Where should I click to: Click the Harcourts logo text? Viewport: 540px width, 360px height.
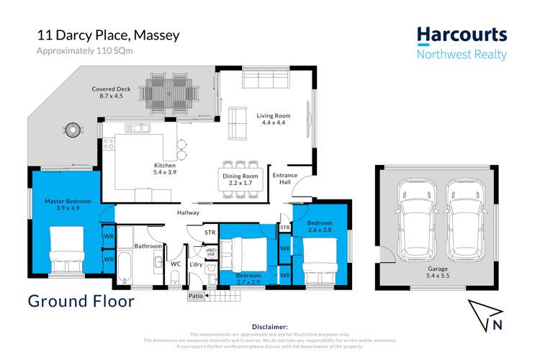462,35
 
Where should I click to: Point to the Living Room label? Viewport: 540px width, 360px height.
274,119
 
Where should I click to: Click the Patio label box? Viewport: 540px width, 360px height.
196,295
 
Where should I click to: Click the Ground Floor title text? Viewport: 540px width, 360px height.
81,301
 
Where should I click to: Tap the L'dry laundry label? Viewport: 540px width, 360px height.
195,264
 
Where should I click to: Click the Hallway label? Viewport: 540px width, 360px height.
188,212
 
